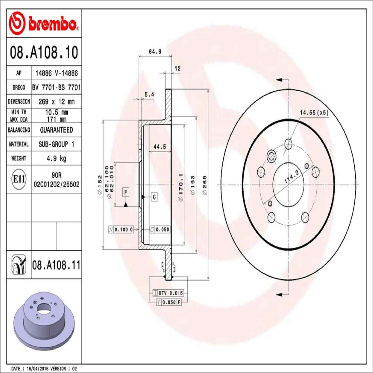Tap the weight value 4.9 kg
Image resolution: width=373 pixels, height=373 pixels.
coord(56,158)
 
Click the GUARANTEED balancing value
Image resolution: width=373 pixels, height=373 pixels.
coord(56,130)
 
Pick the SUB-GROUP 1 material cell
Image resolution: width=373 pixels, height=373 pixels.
coord(56,144)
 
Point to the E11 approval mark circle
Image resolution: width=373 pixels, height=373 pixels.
coord(19,179)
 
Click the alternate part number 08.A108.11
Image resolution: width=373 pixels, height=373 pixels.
coord(56,265)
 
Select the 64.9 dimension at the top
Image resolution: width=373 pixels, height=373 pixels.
coord(155,52)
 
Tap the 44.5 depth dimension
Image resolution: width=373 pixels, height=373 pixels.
coord(160,147)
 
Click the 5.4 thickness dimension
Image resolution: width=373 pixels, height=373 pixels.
coord(149,94)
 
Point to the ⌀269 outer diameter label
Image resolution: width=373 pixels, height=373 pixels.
coord(205,185)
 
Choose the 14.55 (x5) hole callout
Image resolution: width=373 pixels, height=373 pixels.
coord(314,113)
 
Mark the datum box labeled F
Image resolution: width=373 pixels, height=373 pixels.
coord(125,192)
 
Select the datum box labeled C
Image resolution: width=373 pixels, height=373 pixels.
coord(154,197)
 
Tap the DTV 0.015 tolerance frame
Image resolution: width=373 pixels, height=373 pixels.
coord(168,293)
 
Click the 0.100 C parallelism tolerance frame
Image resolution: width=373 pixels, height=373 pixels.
coord(121,229)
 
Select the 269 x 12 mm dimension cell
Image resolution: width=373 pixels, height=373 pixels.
coord(56,101)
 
